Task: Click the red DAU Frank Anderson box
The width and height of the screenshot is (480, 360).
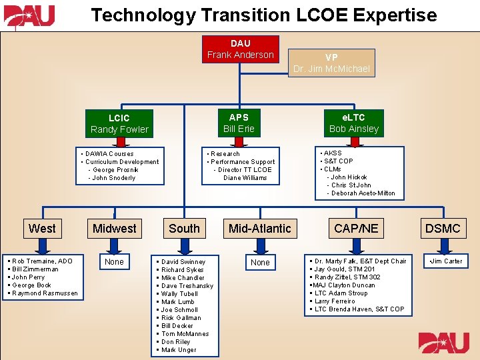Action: pyautogui.click(x=240, y=49)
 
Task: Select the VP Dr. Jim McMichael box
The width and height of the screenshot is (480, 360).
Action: pyautogui.click(x=331, y=63)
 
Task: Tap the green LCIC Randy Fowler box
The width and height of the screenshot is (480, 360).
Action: pyautogui.click(x=119, y=123)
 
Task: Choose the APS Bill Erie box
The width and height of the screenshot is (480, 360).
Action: pyautogui.click(x=239, y=123)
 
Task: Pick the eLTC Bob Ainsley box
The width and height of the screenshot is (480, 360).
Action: pyautogui.click(x=354, y=123)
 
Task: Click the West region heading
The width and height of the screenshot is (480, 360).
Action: pyautogui.click(x=42, y=229)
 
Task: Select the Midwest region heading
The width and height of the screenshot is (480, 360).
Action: pyautogui.click(x=114, y=229)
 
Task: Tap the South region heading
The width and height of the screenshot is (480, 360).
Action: pyautogui.click(x=184, y=229)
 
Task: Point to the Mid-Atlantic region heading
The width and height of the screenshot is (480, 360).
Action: pyautogui.click(x=259, y=229)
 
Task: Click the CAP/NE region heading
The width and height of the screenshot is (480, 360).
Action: pyautogui.click(x=356, y=229)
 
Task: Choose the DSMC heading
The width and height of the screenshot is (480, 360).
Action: pyautogui.click(x=443, y=229)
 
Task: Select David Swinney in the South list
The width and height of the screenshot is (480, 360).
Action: pyautogui.click(x=183, y=262)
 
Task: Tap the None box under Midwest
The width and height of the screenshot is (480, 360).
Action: pyautogui.click(x=114, y=262)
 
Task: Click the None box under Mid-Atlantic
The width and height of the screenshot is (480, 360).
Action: pyautogui.click(x=260, y=263)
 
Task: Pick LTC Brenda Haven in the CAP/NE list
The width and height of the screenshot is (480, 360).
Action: pyautogui.click(x=359, y=309)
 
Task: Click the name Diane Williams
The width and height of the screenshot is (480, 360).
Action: pyautogui.click(x=245, y=178)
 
